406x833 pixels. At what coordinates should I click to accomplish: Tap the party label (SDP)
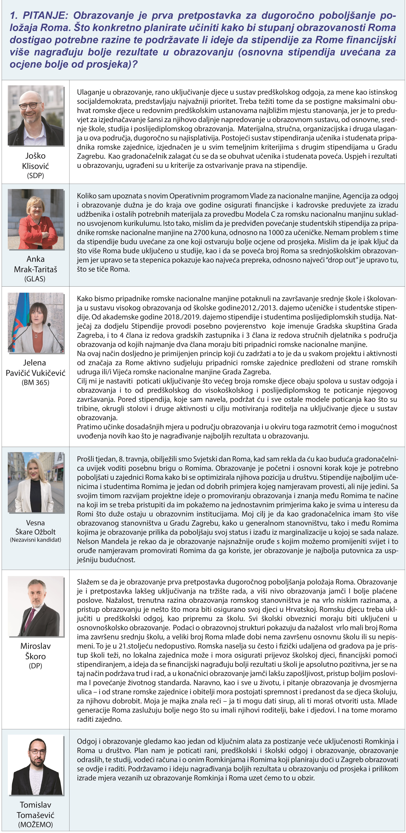(36, 176)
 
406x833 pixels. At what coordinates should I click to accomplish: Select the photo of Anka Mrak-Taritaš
(36, 219)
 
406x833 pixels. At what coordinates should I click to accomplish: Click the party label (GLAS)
(35, 279)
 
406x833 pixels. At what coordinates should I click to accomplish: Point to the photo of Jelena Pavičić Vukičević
(36, 322)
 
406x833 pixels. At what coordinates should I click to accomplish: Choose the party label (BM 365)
(36, 383)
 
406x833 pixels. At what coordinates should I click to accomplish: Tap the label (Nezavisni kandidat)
(36, 540)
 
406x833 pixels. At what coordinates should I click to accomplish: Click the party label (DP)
(36, 666)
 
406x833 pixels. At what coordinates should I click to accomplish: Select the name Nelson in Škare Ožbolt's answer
(88, 541)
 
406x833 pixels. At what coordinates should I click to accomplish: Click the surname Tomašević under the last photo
(36, 815)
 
